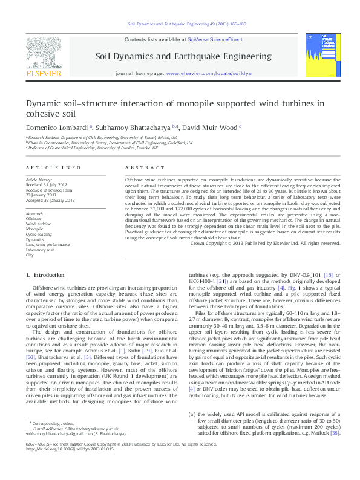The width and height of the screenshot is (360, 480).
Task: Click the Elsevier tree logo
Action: click(x=44, y=52)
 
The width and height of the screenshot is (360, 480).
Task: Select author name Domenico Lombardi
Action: click(x=57, y=128)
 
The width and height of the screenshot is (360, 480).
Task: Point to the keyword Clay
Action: click(x=30, y=255)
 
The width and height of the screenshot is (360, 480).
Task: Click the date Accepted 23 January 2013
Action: click(x=50, y=200)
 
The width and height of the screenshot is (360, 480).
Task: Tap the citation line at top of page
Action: click(x=179, y=25)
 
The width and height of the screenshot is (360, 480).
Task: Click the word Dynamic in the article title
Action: click(x=42, y=103)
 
